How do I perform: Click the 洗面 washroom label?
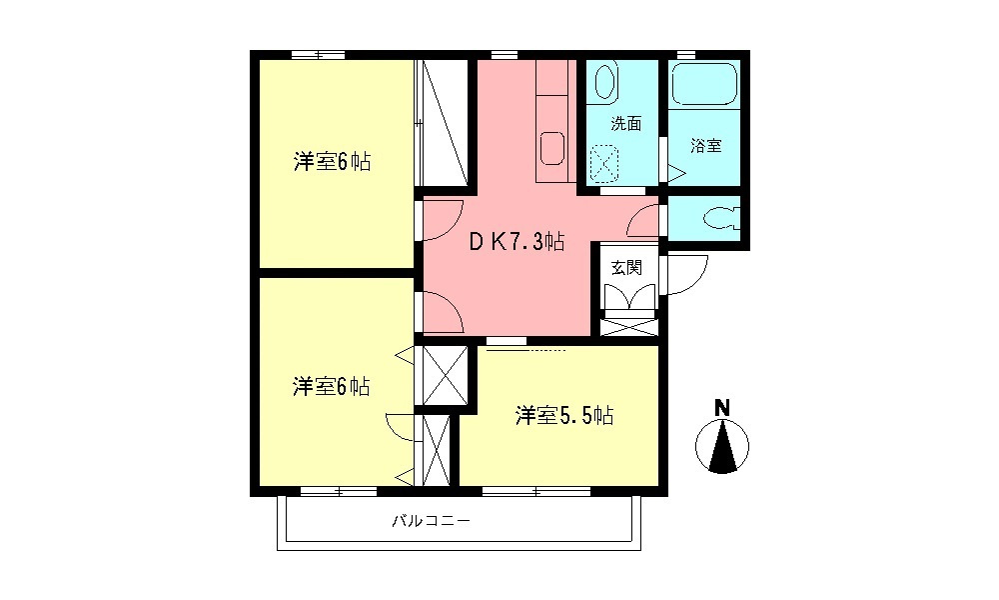625,125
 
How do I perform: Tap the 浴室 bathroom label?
706,146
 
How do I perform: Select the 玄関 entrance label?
627,267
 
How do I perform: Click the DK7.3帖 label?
518,241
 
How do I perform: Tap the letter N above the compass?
721,407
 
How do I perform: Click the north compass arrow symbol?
721,446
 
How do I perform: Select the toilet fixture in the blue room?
718,217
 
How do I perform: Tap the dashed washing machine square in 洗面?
605,163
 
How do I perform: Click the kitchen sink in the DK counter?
552,148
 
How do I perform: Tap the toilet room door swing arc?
646,218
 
